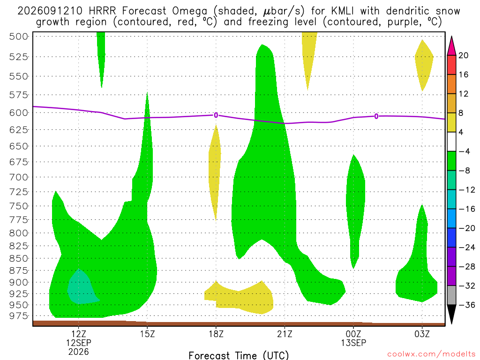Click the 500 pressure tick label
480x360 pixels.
(x=18, y=37)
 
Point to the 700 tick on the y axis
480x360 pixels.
(x=18, y=177)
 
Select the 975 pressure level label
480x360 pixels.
(x=18, y=315)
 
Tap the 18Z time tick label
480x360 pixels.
(x=216, y=334)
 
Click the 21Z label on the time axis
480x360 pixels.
(x=285, y=334)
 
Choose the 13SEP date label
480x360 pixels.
(x=353, y=343)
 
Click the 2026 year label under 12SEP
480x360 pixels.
(x=79, y=352)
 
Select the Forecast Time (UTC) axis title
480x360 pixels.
(x=239, y=355)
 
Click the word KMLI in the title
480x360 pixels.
(x=342, y=11)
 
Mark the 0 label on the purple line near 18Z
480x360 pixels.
(x=216, y=115)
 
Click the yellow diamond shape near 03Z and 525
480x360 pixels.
(x=424, y=65)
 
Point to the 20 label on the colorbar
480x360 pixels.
(x=463, y=55)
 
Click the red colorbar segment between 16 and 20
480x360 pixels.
(x=451, y=65)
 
